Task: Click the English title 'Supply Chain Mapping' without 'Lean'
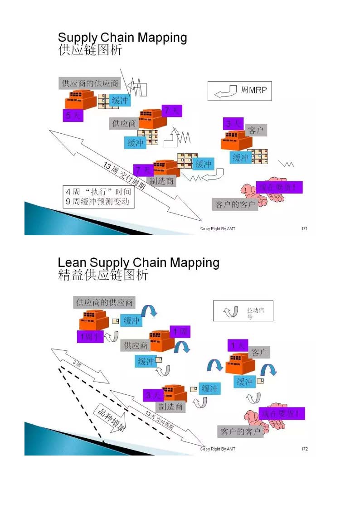pos(122,38)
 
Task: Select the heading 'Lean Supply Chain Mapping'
pos(138,262)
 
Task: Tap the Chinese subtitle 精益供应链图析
pos(103,275)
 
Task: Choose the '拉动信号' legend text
pos(253,313)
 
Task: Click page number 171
pos(304,228)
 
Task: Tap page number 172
pos(304,449)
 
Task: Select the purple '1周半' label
pos(90,337)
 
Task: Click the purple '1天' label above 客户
pos(238,345)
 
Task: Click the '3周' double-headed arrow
pos(79,366)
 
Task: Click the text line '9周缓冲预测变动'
pos(97,202)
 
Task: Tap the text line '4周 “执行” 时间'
pos(98,192)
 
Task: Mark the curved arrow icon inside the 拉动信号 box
pos(231,311)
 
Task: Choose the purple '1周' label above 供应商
pos(180,332)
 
